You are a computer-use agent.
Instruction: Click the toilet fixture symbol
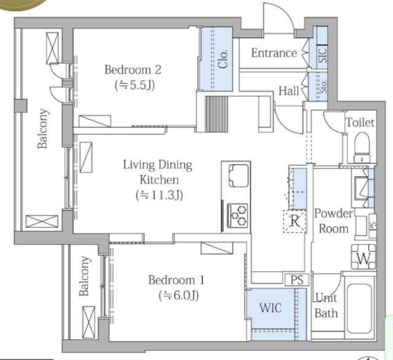click(362, 147)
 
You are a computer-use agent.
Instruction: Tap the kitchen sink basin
click(239, 176)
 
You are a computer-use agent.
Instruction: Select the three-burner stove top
click(238, 216)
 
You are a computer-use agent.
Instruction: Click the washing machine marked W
click(364, 257)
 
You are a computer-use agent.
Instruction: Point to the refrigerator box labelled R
click(295, 221)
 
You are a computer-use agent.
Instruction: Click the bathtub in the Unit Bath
click(359, 308)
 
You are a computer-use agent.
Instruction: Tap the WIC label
click(270, 308)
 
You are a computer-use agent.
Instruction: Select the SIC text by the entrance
click(322, 55)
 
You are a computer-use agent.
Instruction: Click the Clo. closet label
click(222, 59)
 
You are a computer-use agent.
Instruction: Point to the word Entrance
click(274, 53)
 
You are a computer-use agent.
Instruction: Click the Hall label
click(289, 91)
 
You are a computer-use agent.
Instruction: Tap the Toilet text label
click(360, 123)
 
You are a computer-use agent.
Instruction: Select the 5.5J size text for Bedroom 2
click(134, 85)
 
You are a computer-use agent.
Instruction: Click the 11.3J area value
click(159, 195)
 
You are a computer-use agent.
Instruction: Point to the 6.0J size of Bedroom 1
click(179, 295)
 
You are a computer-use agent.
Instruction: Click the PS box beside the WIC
click(297, 280)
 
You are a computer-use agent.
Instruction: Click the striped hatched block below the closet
click(217, 114)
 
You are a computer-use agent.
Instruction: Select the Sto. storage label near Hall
click(324, 87)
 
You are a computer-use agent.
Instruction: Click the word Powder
click(333, 213)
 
